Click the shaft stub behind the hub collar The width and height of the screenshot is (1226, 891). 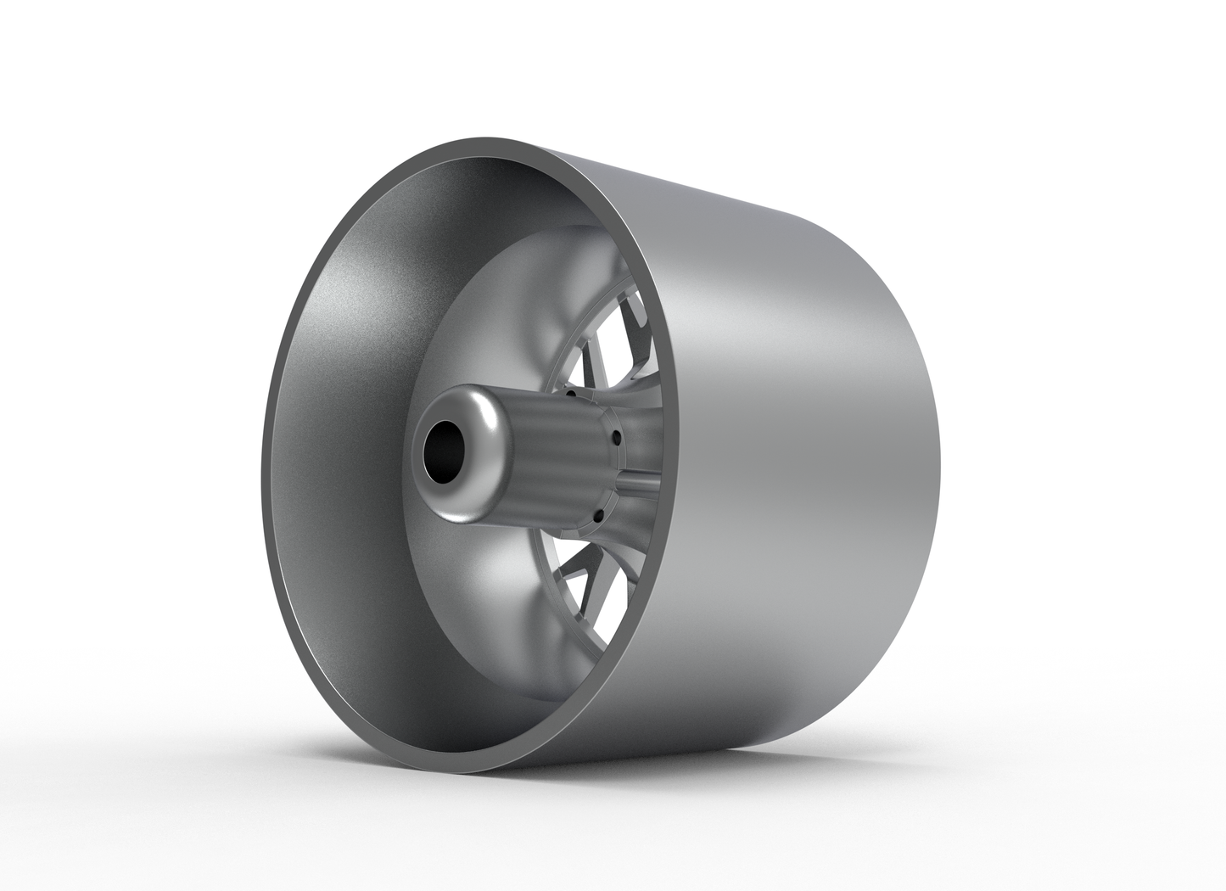pos(641,483)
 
